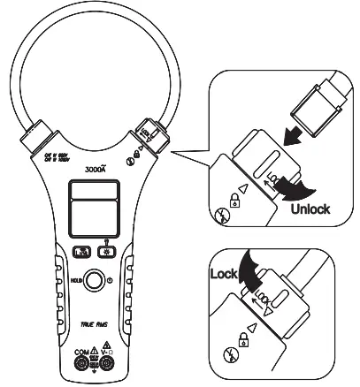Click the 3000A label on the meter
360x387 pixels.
(96, 167)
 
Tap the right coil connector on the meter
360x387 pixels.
(148, 134)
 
